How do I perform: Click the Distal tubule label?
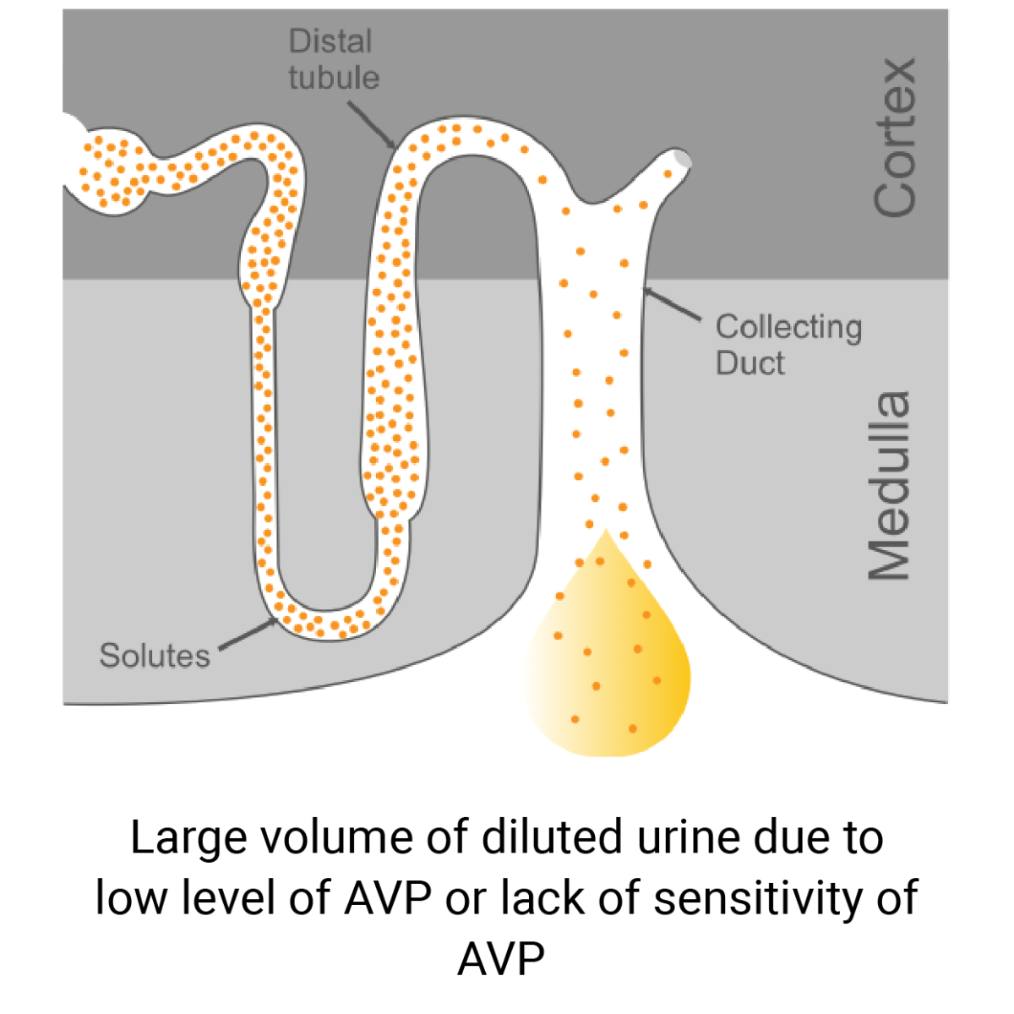(334, 59)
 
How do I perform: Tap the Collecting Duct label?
(788, 345)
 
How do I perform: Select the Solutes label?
(155, 656)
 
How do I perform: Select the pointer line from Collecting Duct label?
(673, 305)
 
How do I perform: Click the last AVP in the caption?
(502, 959)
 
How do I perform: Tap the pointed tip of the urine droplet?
(604, 532)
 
